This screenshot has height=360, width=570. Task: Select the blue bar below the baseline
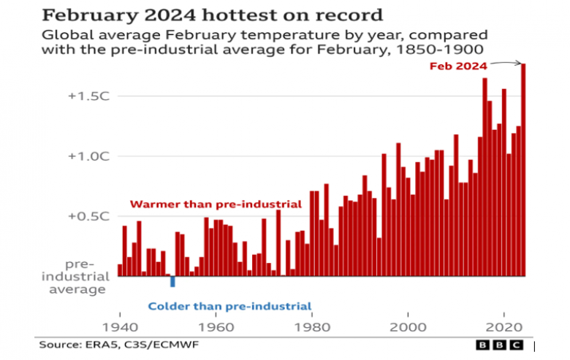[x=172, y=281]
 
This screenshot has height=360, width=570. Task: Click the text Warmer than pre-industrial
[x=216, y=204]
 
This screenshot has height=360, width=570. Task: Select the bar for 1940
[x=120, y=270]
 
